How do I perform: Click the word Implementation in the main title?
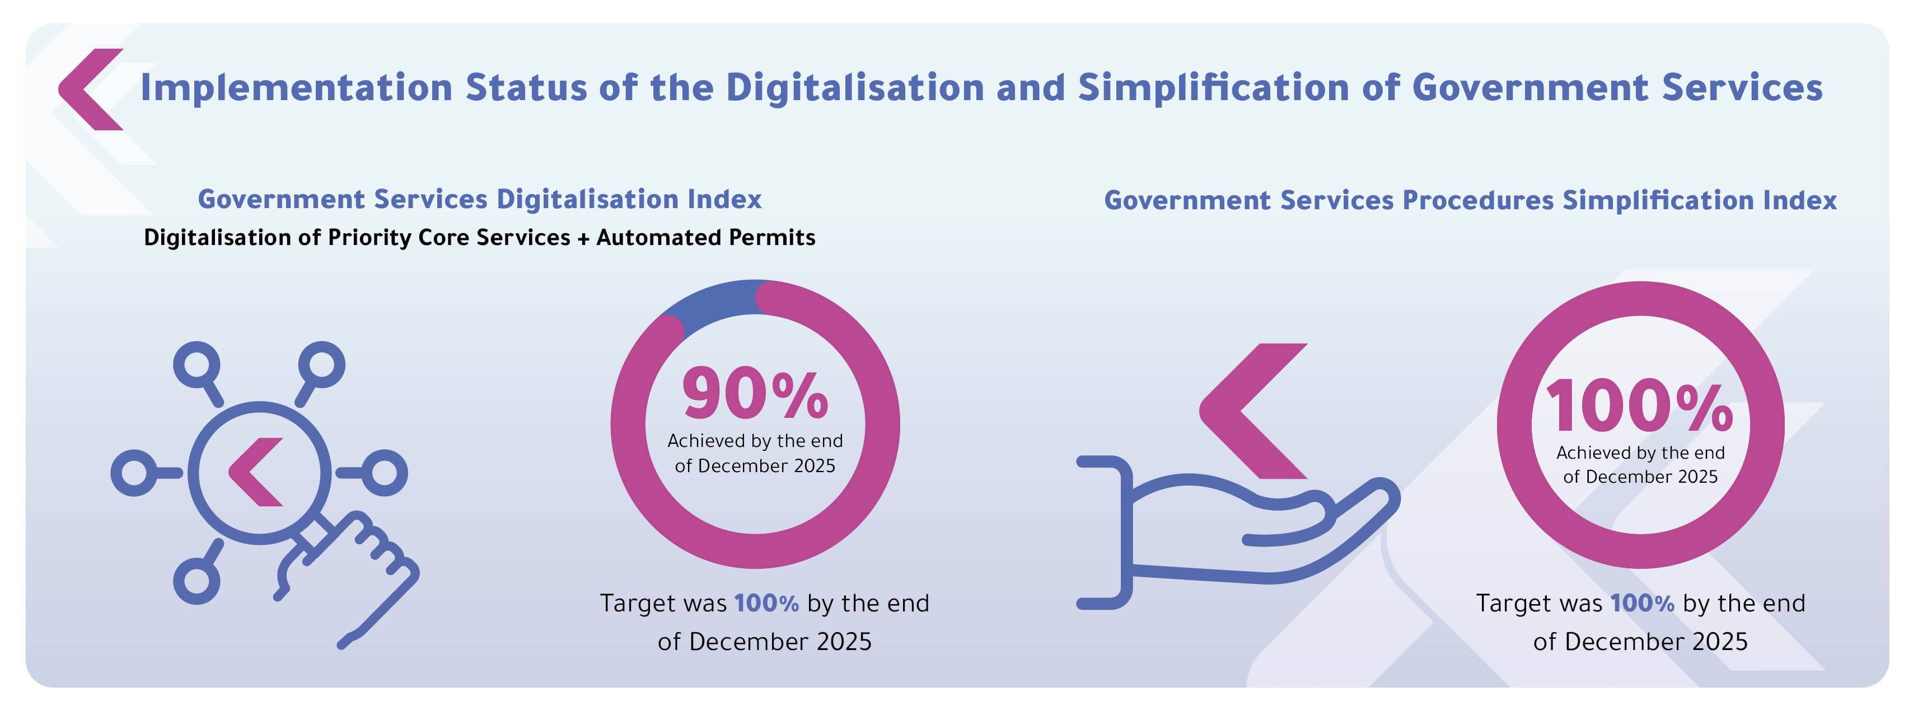[x=296, y=88]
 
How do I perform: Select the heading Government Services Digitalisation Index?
[x=480, y=200]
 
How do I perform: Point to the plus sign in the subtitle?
[x=584, y=238]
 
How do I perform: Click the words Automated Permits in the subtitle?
[x=705, y=238]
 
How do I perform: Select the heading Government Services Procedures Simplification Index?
[x=1470, y=200]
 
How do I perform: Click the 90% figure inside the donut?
[x=755, y=394]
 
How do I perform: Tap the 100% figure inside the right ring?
[x=1639, y=406]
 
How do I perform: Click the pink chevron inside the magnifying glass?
[x=255, y=472]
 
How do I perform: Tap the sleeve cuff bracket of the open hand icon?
[x=1106, y=532]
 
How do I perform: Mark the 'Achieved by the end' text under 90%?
[x=755, y=441]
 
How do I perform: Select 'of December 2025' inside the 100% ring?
[x=1640, y=477]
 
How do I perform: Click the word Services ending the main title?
[x=1742, y=88]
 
